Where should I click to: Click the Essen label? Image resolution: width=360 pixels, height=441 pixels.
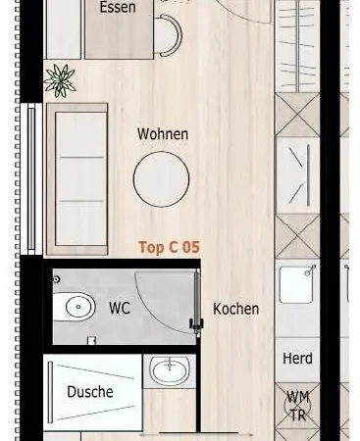(118, 7)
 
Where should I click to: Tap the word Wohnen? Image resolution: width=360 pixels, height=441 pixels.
(163, 134)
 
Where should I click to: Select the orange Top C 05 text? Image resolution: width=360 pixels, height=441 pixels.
(169, 247)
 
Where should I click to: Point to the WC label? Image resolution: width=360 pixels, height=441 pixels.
(120, 308)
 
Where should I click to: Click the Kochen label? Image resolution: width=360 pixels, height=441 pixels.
(235, 309)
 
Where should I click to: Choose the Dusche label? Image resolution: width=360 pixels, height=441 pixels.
(90, 392)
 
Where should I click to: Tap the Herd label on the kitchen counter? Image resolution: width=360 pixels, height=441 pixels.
(297, 359)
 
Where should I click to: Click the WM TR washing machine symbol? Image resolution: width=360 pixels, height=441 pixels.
(297, 407)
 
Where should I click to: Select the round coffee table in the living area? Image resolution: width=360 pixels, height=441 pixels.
(161, 179)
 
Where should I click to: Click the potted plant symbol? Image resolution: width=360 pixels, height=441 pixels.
(60, 80)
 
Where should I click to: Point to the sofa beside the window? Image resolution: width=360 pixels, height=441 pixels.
(77, 179)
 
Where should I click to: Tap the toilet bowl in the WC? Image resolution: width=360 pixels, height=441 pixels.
(74, 307)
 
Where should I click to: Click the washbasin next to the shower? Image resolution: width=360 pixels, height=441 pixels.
(170, 370)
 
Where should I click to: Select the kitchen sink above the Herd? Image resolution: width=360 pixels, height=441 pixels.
(297, 285)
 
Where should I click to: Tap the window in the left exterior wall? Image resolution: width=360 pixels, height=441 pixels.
(31, 179)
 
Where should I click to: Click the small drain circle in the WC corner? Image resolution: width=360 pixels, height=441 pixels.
(56, 279)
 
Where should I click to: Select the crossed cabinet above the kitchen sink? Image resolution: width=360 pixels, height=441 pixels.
(297, 236)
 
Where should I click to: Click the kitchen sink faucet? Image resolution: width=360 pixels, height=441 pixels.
(309, 270)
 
